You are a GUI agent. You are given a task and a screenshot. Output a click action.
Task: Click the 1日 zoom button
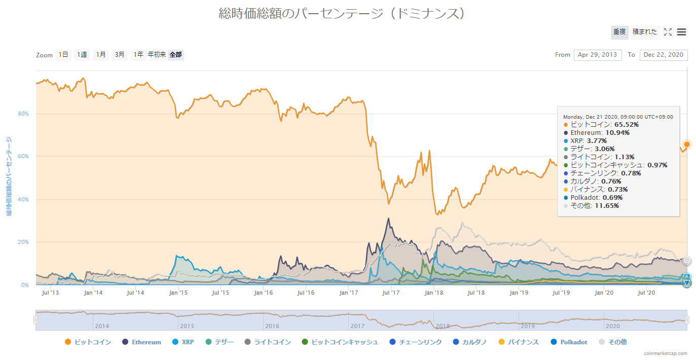point(63,55)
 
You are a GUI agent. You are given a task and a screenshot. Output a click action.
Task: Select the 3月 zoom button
point(120,55)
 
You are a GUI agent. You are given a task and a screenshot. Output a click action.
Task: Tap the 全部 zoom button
point(176,55)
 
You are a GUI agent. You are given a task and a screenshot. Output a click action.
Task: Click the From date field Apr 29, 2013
point(598,55)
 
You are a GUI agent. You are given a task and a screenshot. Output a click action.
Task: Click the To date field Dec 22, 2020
point(664,55)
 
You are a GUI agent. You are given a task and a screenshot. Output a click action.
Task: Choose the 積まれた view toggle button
point(645,32)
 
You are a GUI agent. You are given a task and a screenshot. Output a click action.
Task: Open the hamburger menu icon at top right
point(682,32)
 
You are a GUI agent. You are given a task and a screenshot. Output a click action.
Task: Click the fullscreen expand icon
point(668,32)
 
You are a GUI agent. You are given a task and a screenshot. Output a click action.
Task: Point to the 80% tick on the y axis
point(24,114)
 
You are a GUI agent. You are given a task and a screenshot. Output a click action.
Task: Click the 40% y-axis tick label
point(24,199)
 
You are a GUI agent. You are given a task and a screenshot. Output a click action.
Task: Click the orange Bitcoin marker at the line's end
point(687,145)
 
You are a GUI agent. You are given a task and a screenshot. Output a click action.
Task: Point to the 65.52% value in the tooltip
point(627,124)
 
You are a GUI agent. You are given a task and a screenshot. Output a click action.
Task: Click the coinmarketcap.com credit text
point(666,353)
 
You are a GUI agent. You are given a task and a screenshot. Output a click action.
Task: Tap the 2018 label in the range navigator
point(443,326)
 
